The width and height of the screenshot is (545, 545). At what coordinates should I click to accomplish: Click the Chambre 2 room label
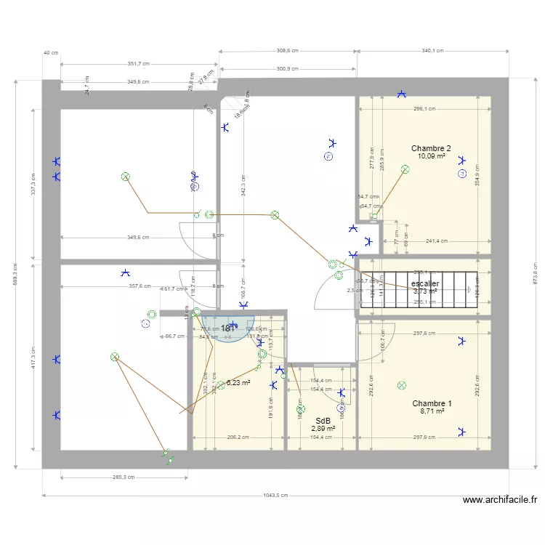pos(431,148)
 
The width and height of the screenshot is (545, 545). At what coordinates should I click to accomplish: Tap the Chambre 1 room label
pos(432,403)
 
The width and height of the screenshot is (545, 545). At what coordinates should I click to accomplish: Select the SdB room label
pos(323,421)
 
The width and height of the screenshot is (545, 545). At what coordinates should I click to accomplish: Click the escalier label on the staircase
pos(425,283)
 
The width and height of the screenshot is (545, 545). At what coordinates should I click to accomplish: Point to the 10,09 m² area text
pos(431,156)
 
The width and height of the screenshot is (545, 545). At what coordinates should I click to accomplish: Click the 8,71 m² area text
pos(432,411)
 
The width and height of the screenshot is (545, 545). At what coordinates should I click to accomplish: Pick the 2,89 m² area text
pos(323,429)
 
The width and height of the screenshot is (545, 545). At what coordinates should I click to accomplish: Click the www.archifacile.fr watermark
pos(500,500)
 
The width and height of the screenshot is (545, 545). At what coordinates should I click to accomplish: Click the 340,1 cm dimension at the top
pos(432,51)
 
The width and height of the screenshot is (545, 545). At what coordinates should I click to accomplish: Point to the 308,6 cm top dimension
pos(287,51)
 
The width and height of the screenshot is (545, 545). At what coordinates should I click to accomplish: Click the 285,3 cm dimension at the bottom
pos(124,477)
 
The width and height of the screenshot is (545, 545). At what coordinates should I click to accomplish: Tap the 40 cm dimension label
pos(51,53)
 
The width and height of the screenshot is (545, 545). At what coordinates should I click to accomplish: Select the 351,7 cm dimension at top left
pos(138,64)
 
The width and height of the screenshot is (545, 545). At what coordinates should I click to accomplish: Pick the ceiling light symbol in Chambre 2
pos(405,169)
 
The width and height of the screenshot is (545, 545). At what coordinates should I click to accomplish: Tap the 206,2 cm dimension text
pos(238,437)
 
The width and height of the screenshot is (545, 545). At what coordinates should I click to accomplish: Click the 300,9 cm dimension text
pos(288,69)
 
